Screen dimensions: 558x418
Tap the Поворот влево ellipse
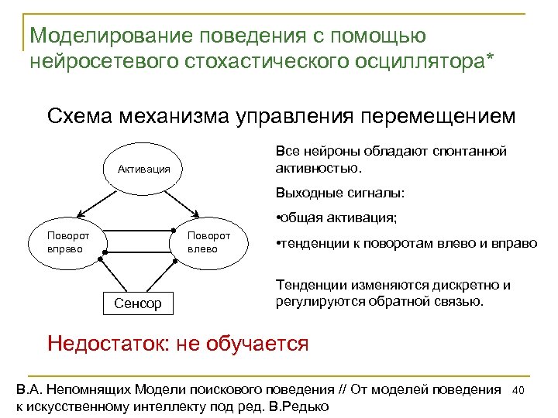tap(209, 242)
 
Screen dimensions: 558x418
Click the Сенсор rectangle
tap(139, 303)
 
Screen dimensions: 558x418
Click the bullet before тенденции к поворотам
tap(279, 243)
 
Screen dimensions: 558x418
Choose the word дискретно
tap(463, 285)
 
